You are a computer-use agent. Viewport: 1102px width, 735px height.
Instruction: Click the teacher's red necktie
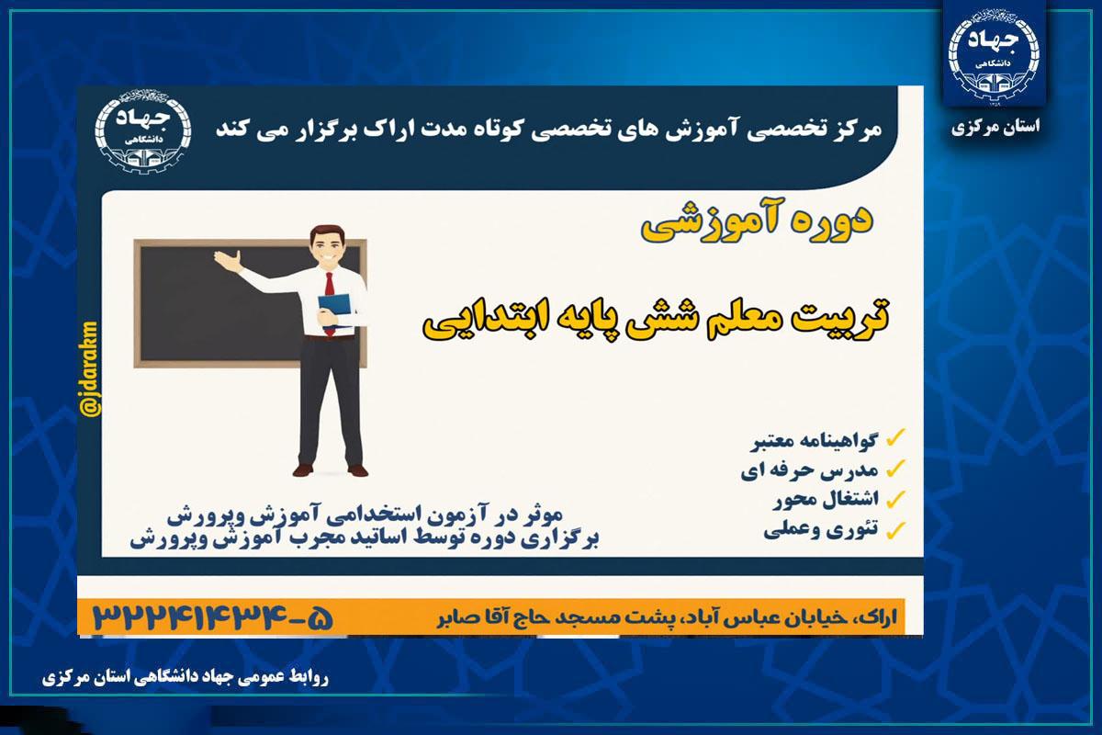pos(330,301)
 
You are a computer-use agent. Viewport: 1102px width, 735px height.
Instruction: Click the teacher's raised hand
pos(228,260)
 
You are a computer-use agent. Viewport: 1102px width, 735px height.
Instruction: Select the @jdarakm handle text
pos(90,369)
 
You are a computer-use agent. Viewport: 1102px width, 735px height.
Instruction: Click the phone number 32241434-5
pos(213,616)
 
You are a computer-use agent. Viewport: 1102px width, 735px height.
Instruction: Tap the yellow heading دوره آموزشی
pos(757,221)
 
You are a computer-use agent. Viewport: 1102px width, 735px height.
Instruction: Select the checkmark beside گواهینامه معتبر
pos(895,437)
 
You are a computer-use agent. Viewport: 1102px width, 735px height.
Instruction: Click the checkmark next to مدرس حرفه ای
pos(895,469)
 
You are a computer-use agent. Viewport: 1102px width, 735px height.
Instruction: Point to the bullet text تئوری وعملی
pos(821,530)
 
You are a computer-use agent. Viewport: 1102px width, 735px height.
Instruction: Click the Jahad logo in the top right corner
pos(995,58)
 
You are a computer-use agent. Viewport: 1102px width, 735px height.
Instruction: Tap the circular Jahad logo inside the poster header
pos(143,131)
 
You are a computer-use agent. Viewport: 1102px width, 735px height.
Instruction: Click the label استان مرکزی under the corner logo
pos(995,128)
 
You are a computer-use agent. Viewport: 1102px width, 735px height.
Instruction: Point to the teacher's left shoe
pos(357,470)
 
